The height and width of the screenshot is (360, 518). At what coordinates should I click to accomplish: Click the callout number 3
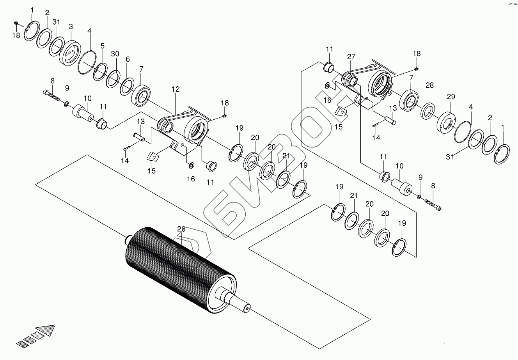[71, 27]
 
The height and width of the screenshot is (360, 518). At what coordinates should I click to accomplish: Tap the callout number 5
[103, 46]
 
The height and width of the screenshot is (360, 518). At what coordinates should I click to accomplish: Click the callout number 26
[181, 229]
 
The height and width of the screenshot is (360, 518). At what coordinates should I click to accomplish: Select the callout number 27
[351, 57]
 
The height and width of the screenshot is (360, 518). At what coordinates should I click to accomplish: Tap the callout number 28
[429, 85]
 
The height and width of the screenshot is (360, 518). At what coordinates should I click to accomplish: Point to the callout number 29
[451, 96]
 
